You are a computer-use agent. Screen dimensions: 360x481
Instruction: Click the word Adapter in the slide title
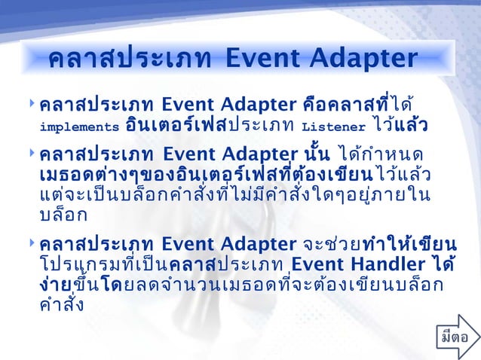click(x=362, y=59)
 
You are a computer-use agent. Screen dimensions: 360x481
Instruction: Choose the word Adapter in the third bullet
click(x=252, y=245)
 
